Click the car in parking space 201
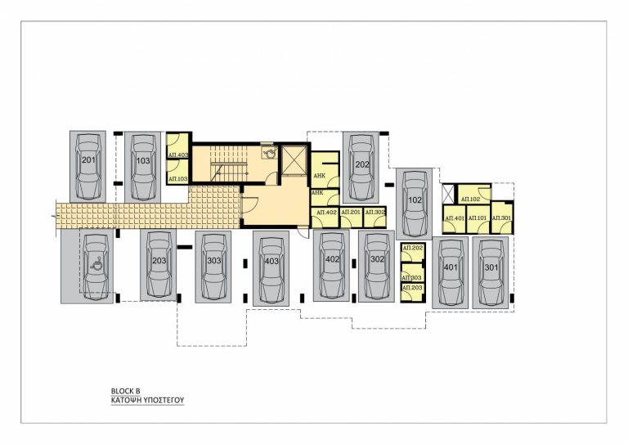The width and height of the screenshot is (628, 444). [x=87, y=166]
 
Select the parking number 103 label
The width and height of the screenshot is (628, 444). [x=143, y=160]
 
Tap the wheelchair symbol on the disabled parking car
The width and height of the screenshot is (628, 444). [x=96, y=263]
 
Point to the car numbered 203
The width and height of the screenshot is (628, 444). [x=159, y=264]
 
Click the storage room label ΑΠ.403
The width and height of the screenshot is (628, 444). [x=177, y=155]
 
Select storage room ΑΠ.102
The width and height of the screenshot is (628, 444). [x=469, y=199]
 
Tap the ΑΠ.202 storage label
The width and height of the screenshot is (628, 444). [x=412, y=248]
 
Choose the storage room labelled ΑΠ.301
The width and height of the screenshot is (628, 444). [x=501, y=218]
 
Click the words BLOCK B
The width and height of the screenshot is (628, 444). [x=126, y=392]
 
